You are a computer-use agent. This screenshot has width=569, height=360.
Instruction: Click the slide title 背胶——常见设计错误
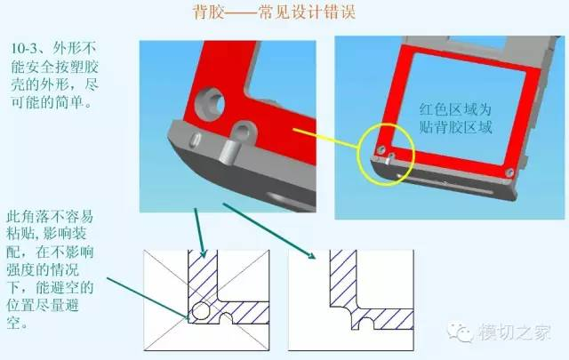click(x=274, y=13)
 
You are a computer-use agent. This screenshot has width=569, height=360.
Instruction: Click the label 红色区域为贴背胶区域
click(x=456, y=118)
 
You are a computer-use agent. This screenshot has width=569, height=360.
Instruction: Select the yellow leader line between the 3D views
click(x=325, y=138)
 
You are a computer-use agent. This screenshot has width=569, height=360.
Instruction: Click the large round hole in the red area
click(x=210, y=104)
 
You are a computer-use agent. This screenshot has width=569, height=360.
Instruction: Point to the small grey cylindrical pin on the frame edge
click(x=228, y=152)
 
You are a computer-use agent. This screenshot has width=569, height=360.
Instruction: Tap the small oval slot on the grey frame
click(x=196, y=139)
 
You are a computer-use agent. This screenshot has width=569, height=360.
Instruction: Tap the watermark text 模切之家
click(x=514, y=332)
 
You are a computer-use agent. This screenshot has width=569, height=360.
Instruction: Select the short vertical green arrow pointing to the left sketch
click(x=200, y=233)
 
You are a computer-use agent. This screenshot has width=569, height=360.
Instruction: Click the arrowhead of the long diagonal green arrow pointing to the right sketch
click(x=311, y=255)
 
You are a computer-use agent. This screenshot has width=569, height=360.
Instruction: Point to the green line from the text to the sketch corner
click(x=148, y=299)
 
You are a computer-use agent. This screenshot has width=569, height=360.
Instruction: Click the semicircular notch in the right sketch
click(x=368, y=323)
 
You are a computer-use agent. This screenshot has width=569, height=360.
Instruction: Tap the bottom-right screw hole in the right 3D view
click(x=509, y=172)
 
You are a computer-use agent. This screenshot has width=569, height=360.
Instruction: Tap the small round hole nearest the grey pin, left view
click(x=244, y=132)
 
